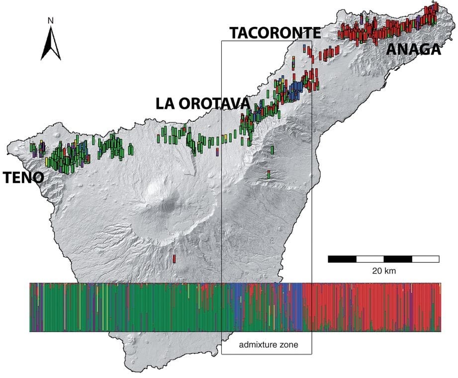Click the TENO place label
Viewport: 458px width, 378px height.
[23, 178]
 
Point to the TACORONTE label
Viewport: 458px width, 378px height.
[275, 33]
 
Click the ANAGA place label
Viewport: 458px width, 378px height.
[413, 49]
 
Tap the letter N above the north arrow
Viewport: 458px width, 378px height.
[51, 20]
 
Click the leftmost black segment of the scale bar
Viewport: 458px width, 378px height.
[342, 259]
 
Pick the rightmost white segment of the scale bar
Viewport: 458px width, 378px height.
[425, 259]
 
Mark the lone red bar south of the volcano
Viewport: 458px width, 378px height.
[174, 259]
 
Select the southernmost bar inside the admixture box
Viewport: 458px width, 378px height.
[269, 175]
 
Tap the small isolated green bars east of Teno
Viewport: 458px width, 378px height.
[131, 149]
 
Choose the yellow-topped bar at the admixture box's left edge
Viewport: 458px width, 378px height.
[225, 137]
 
